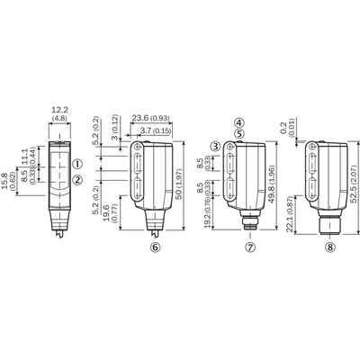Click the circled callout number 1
(77, 164)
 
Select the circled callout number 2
(77, 180)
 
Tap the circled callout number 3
(215, 147)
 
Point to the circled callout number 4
(239, 122)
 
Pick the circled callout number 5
(239, 134)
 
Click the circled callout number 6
(156, 247)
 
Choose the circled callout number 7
(250, 247)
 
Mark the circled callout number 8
(330, 247)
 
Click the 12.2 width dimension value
(60, 110)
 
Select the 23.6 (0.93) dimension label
(151, 118)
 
